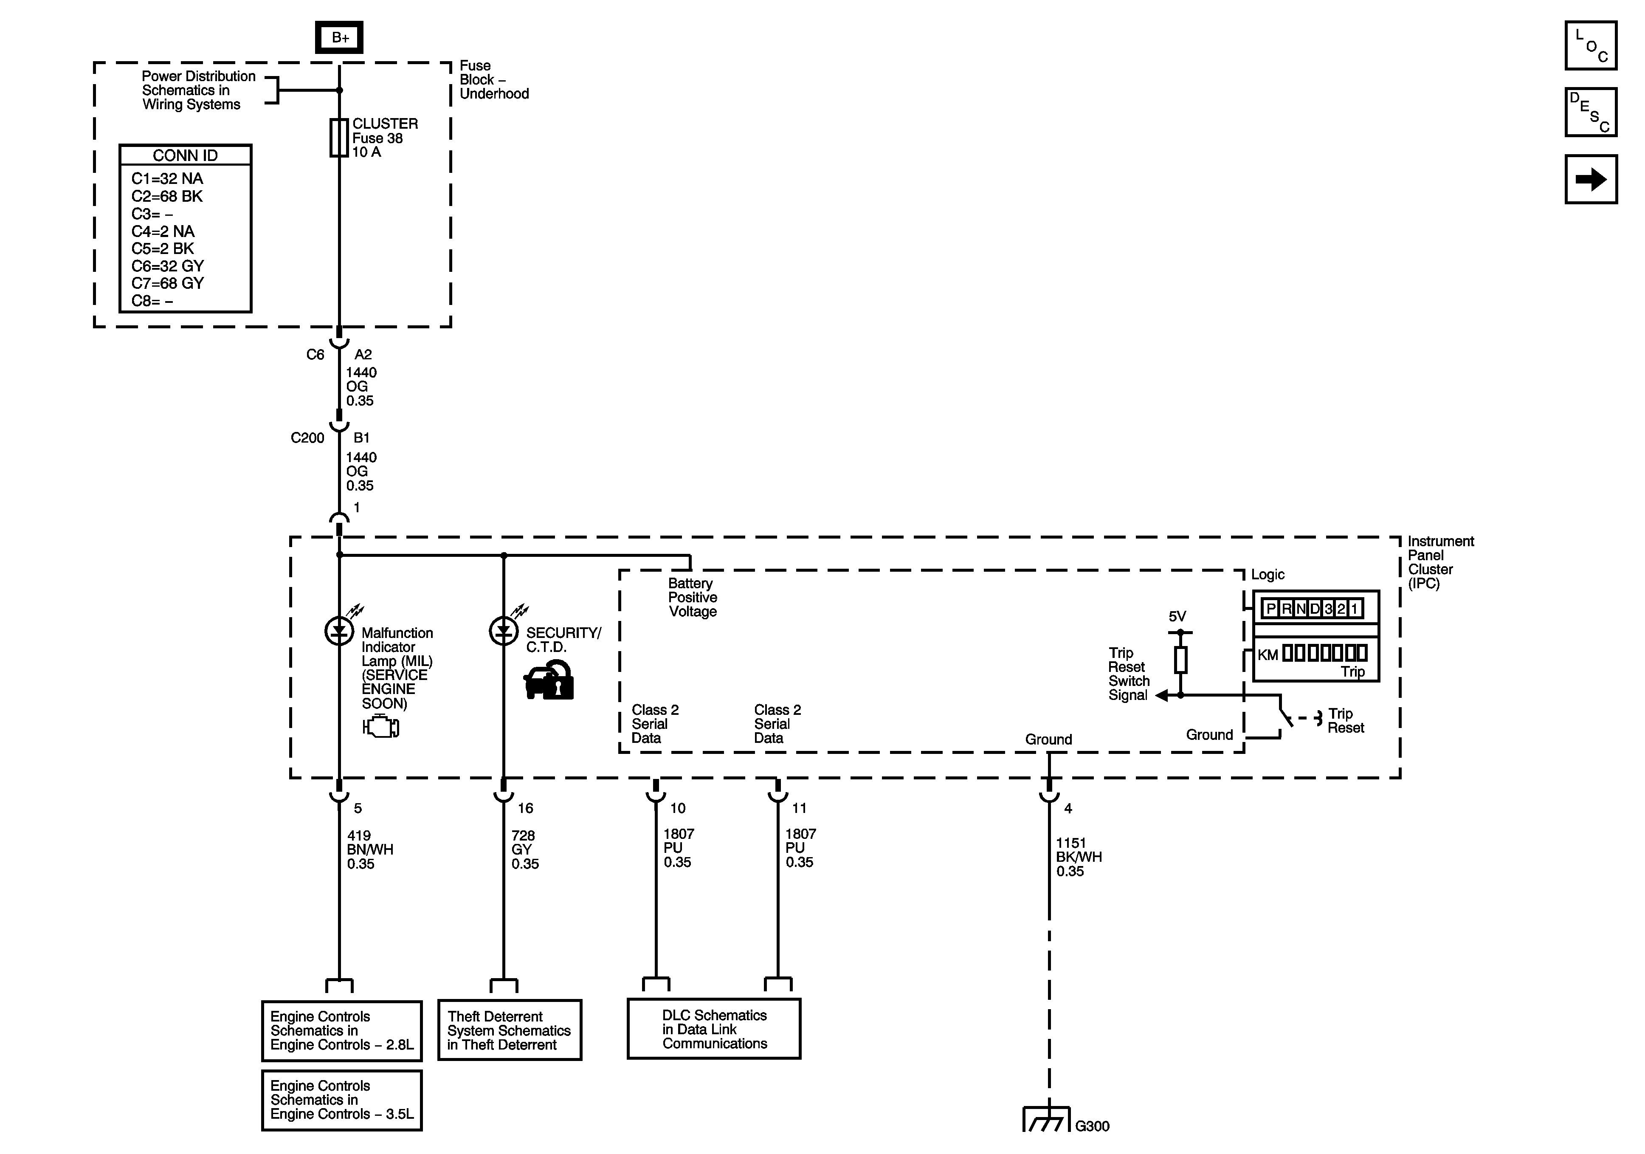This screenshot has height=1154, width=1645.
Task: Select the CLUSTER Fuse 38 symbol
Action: [x=339, y=138]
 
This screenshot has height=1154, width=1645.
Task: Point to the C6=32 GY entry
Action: [x=168, y=266]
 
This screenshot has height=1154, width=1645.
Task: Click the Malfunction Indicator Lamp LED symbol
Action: [x=339, y=631]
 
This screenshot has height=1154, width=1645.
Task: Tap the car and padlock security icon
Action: [x=549, y=680]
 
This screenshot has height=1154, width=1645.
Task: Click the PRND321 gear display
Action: [x=1311, y=609]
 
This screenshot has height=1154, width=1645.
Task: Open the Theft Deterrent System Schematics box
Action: [x=510, y=1030]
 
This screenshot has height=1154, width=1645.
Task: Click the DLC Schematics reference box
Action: [x=714, y=1029]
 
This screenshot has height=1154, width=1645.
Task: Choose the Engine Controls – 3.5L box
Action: [x=342, y=1100]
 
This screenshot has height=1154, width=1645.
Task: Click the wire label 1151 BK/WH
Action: [x=1078, y=857]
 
